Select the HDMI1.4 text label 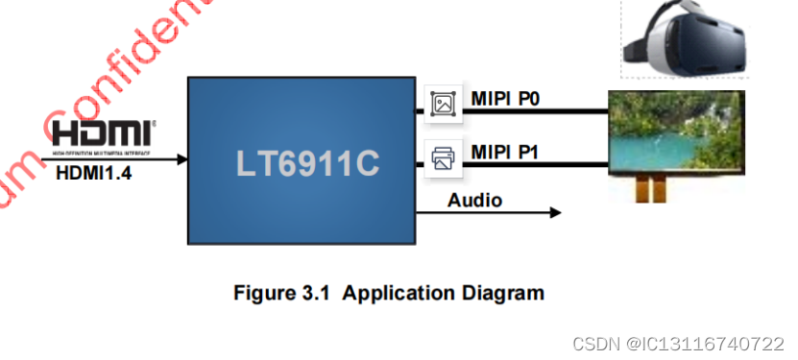coord(96,174)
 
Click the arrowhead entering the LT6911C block coord(181,158)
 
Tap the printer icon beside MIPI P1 coord(443,157)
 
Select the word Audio coord(474,201)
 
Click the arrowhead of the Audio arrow coord(555,212)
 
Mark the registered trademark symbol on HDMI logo coord(154,124)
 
